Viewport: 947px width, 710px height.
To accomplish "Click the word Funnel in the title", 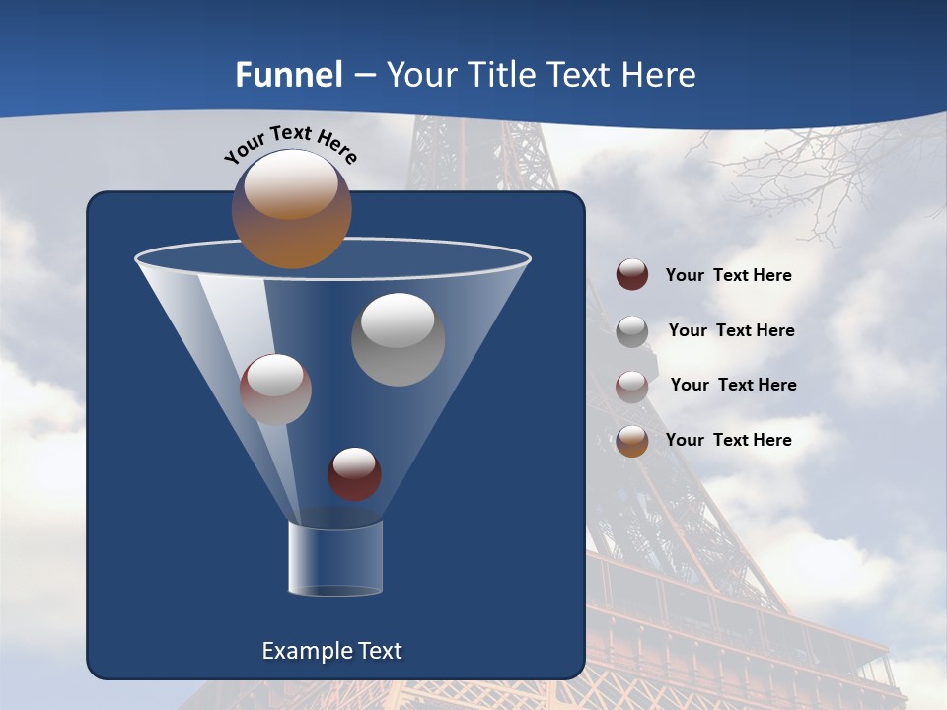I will point(289,75).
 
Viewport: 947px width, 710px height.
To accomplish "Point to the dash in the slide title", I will point(364,76).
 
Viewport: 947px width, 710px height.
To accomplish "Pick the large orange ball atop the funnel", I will point(291,209).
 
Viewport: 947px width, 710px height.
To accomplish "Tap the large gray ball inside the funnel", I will point(398,339).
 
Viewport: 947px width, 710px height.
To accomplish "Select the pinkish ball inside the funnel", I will point(275,390).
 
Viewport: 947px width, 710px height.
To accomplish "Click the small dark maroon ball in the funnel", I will point(354,473).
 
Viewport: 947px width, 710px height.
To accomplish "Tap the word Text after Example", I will point(378,651).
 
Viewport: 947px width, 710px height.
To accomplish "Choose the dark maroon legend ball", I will point(632,274).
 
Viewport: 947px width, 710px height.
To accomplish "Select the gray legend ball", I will point(632,331).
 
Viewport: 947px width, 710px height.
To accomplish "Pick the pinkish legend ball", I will point(632,386).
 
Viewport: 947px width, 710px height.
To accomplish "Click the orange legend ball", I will point(632,441).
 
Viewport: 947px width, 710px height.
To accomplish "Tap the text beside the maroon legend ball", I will point(728,275).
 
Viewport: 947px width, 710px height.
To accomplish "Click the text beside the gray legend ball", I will point(731,330).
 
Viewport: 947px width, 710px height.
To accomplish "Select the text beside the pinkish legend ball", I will point(733,385).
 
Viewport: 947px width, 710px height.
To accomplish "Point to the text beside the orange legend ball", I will point(728,440).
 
